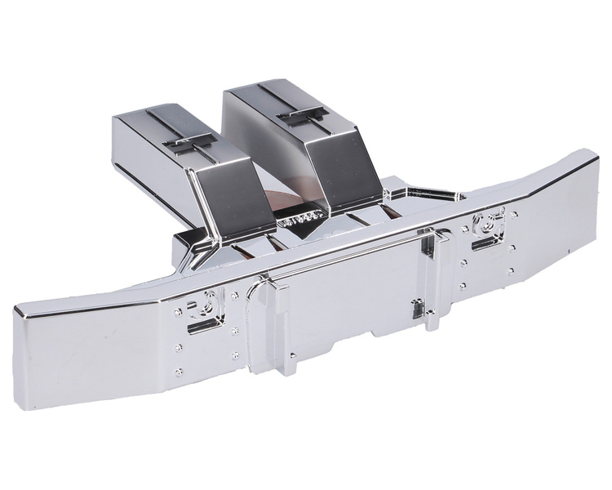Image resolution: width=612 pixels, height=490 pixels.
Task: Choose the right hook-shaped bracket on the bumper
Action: pyautogui.click(x=490, y=222)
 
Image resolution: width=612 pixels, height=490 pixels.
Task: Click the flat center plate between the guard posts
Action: pyautogui.click(x=351, y=302)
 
